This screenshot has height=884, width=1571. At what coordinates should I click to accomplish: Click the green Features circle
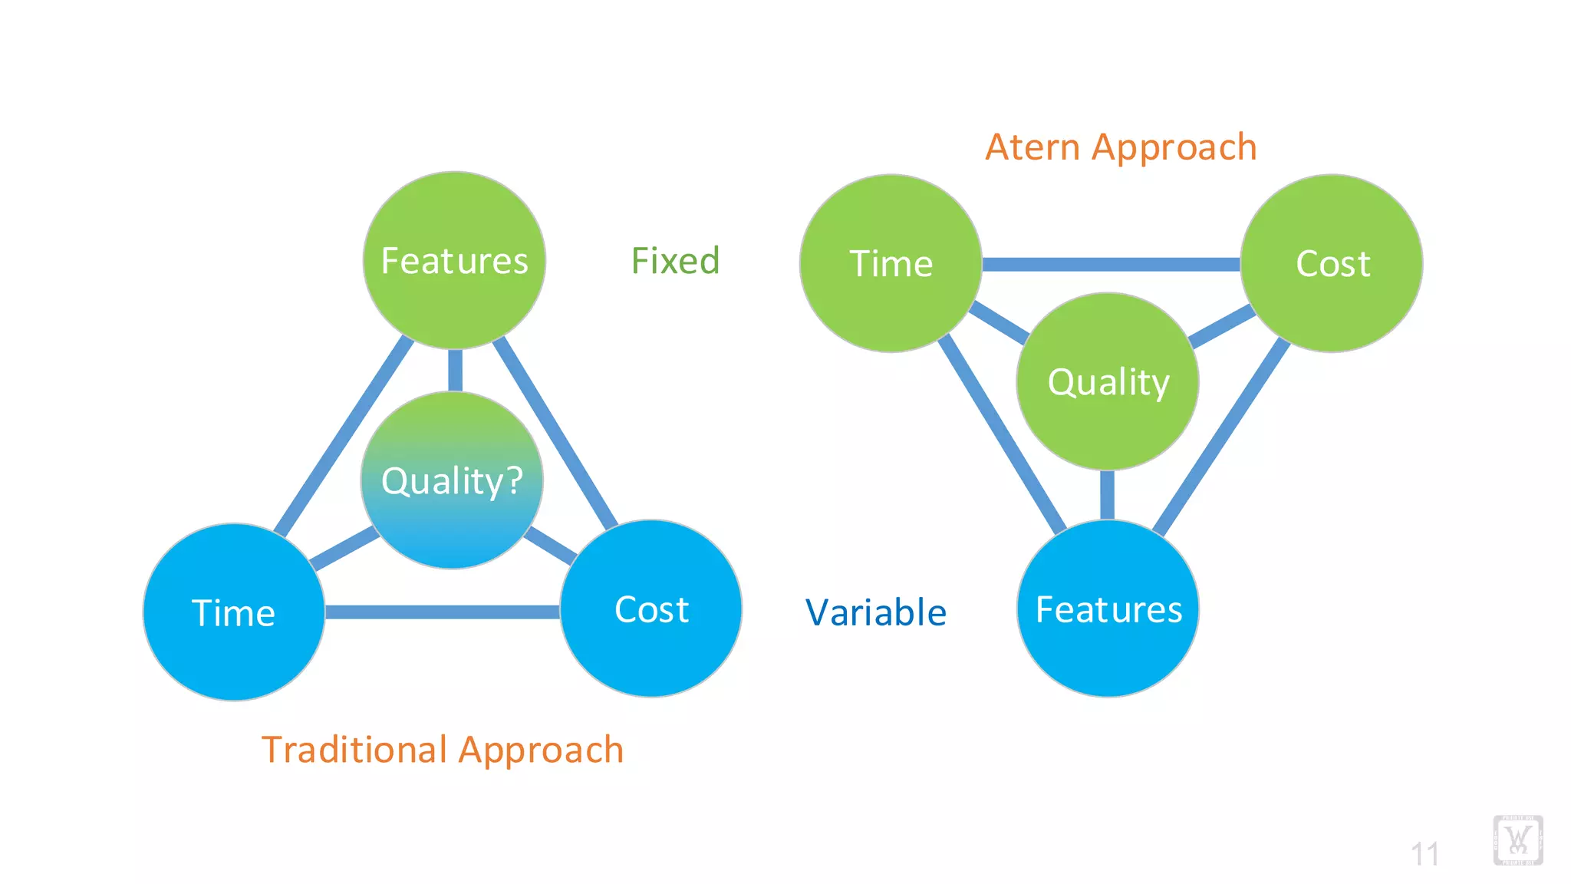click(x=454, y=260)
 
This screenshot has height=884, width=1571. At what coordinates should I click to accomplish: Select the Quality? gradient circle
click(x=452, y=480)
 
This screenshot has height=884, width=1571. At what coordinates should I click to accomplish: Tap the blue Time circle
click(x=233, y=612)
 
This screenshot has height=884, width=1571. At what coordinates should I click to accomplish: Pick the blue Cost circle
click(x=651, y=609)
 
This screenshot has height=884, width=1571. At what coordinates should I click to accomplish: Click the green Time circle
click(x=891, y=263)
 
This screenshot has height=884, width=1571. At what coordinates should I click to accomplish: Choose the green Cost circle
click(x=1332, y=263)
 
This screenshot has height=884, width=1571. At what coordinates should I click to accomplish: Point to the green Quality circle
click(x=1108, y=381)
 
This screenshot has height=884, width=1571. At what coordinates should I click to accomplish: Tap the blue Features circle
click(x=1108, y=609)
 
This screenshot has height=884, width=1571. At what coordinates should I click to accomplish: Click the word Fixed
click(x=675, y=261)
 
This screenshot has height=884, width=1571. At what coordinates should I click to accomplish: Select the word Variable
click(x=875, y=612)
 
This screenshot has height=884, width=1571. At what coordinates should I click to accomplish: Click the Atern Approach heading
click(x=1121, y=147)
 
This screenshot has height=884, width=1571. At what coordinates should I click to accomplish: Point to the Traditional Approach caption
click(x=443, y=749)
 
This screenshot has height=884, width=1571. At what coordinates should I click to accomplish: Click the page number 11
click(x=1424, y=853)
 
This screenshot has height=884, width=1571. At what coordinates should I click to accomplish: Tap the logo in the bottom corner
click(x=1517, y=840)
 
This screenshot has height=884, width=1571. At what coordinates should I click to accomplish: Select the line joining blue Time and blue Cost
click(x=442, y=612)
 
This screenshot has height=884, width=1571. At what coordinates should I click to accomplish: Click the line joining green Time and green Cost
click(x=1111, y=264)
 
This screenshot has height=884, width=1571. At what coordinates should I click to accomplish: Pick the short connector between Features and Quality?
click(x=455, y=370)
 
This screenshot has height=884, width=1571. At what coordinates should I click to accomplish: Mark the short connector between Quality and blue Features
click(x=1107, y=495)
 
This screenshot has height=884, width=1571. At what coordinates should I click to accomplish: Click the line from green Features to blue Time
click(x=344, y=435)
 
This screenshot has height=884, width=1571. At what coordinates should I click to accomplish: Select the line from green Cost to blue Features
click(x=1220, y=437)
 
